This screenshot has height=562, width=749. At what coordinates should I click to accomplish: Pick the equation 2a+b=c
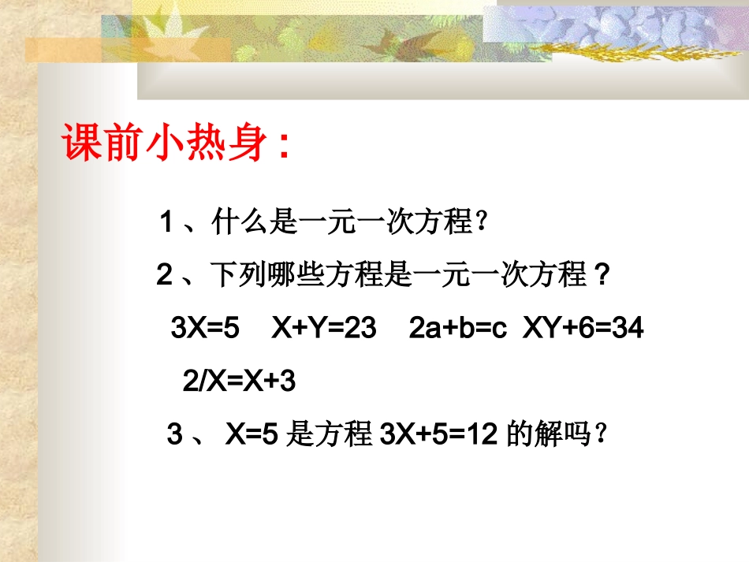click(x=456, y=329)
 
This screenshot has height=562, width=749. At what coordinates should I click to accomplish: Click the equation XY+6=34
click(x=583, y=329)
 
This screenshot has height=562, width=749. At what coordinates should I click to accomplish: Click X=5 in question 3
click(x=252, y=435)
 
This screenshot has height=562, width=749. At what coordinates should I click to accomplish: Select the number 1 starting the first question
click(x=166, y=223)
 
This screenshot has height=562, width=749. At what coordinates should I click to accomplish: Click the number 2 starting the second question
click(x=164, y=276)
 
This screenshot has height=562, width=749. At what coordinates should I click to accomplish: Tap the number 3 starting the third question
click(x=174, y=435)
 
